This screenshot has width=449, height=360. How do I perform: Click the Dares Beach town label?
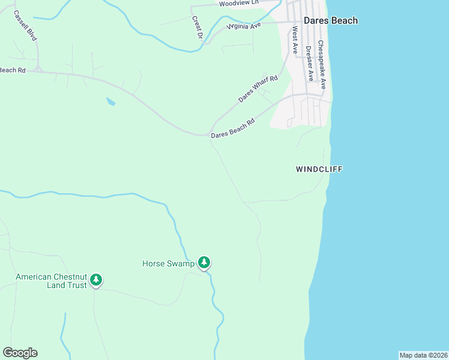tap(330, 20)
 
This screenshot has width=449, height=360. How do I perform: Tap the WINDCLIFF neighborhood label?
tap(319, 169)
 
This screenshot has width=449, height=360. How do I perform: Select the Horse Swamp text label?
tap(168, 263)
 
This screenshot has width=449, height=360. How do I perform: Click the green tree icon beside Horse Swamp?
tap(205, 262)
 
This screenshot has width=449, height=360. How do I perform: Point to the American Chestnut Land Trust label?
tap(51, 281)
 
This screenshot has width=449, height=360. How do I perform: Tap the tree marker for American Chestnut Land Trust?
tap(96, 280)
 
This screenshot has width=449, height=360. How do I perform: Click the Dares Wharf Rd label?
tap(258, 89)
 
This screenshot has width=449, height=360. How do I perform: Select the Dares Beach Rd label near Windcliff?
tap(233, 128)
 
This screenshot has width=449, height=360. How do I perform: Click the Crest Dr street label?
tap(196, 26)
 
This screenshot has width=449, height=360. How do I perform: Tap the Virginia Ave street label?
tap(244, 26)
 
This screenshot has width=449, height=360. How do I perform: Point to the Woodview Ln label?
tap(238, 3)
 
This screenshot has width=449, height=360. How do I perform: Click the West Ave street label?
tap(295, 40)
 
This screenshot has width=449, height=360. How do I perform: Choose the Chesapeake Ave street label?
tap(322, 65)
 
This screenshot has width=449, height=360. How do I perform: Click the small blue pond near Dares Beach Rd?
tap(110, 101)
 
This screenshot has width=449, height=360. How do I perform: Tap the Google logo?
tap(20, 353)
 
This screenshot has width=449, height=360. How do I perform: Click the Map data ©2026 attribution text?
tap(423, 355)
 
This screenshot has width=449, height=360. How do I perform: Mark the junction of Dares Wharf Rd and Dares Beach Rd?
tap(211, 133)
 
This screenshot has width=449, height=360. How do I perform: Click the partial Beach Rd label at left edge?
tap(12, 70)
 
